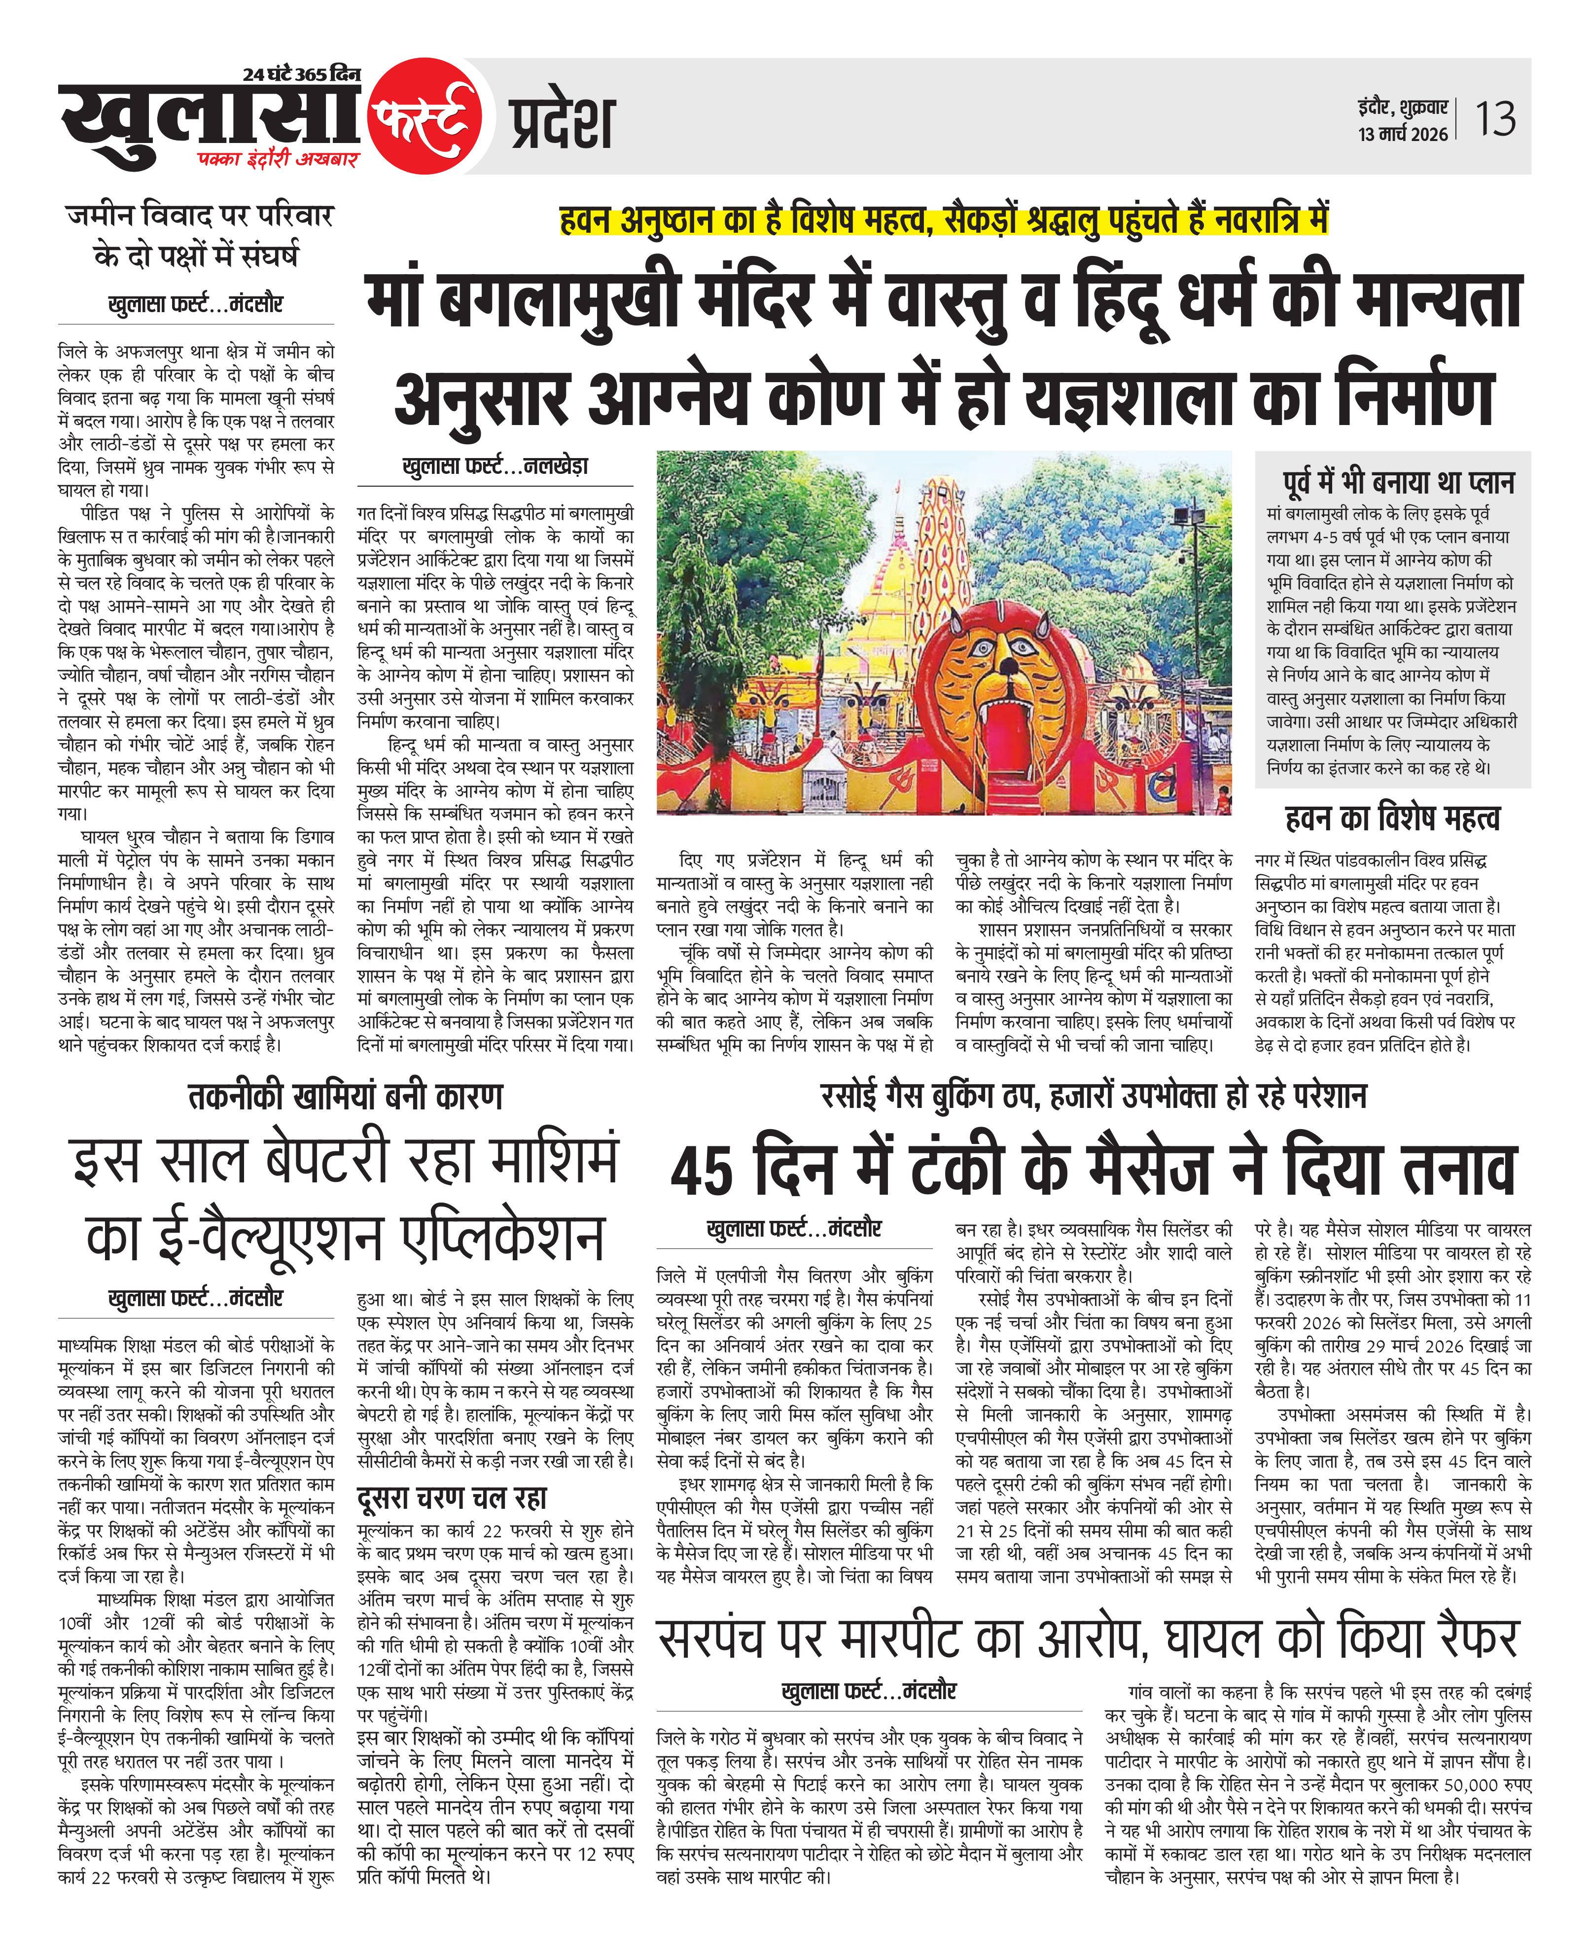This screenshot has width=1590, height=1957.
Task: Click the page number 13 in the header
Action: (x=1495, y=119)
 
